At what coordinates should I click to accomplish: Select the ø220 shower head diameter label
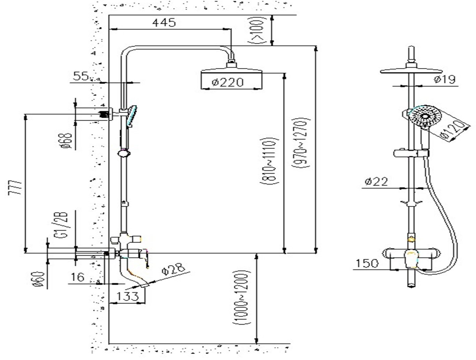click(228, 82)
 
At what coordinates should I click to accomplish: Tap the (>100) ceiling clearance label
click(258, 30)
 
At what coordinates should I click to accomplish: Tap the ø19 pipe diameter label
click(444, 79)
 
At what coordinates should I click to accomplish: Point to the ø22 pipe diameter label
click(376, 181)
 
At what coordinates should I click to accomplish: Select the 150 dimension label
click(367, 263)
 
